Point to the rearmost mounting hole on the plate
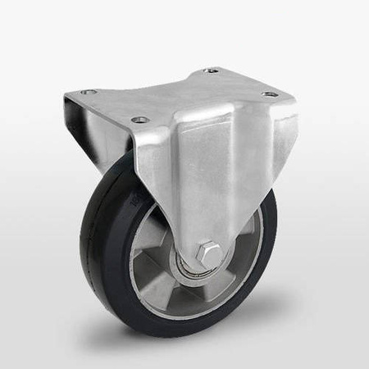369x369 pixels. click(x=212, y=71)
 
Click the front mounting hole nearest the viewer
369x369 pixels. click(x=139, y=120)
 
